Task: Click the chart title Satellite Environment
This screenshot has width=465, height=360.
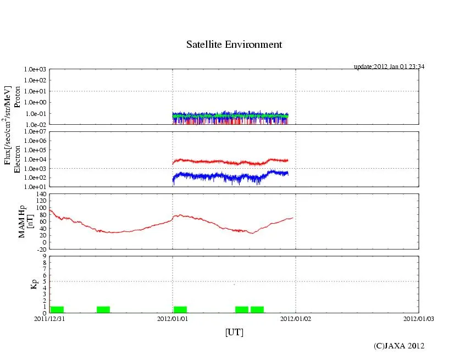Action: click(234, 45)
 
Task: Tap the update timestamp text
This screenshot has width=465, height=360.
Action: click(389, 67)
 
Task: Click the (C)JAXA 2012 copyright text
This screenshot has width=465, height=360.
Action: click(398, 346)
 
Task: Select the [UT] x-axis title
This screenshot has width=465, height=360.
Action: click(234, 332)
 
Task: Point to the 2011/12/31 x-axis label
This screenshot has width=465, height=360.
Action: click(49, 318)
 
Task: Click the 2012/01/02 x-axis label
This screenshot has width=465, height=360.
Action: click(296, 318)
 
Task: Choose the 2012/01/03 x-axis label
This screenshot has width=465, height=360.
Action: click(418, 318)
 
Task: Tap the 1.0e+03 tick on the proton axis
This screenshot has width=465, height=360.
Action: click(35, 70)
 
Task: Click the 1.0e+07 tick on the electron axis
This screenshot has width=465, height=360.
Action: click(35, 132)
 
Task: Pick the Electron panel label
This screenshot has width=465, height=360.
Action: click(16, 159)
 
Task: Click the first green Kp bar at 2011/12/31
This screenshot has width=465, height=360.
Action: click(57, 309)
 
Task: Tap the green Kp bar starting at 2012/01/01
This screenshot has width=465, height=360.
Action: click(180, 309)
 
